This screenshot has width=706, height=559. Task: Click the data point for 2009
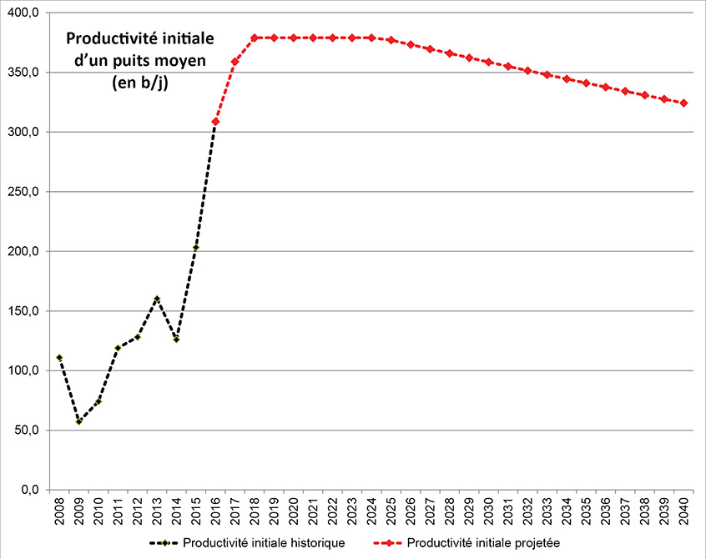[78, 421]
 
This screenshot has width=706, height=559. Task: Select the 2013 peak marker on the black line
[157, 299]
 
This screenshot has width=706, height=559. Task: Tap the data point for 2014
[176, 340]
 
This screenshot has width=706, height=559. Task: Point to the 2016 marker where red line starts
[215, 122]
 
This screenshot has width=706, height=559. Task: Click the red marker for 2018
[254, 38]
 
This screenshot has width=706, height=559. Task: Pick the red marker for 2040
[683, 103]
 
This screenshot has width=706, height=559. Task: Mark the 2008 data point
[59, 357]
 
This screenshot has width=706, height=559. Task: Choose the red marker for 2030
[488, 62]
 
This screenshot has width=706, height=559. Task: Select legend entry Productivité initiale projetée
[484, 543]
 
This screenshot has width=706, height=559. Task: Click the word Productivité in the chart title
[103, 39]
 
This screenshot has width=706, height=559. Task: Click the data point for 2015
[196, 248]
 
